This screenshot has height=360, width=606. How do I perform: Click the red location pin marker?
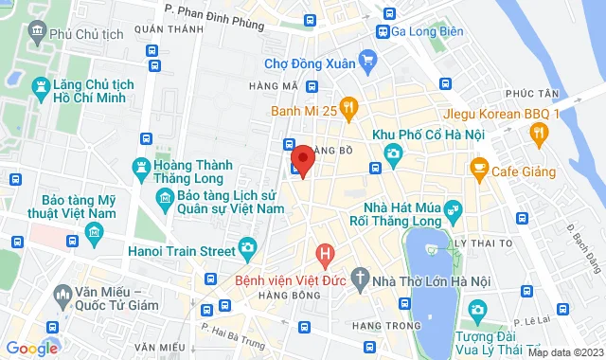(x=302, y=160)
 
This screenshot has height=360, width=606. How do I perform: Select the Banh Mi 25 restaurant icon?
(x=348, y=110)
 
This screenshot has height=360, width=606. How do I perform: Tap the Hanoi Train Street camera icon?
(x=247, y=247)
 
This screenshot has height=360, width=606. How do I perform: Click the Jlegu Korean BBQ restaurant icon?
(x=539, y=135)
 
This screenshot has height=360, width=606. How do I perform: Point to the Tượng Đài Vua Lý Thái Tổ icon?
(x=478, y=309)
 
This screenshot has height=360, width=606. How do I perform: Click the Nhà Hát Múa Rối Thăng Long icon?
(x=453, y=207)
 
